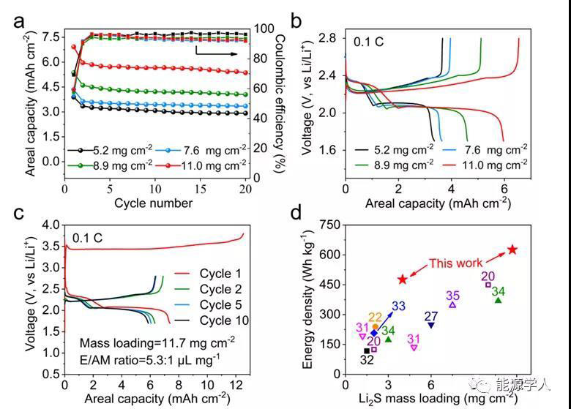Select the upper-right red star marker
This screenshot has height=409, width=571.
tap(512, 250)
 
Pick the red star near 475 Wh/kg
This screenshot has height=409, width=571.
tap(403, 279)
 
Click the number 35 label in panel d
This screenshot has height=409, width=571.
tap(452, 296)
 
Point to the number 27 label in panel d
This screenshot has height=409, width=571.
tap(431, 316)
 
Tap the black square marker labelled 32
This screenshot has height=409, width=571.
tap(367, 351)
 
